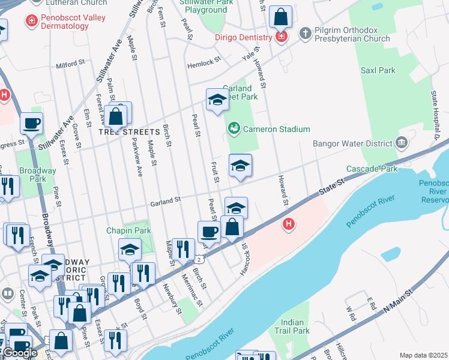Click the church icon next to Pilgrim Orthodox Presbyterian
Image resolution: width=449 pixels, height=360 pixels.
(305, 32)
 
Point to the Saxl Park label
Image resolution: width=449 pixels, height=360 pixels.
(378, 70)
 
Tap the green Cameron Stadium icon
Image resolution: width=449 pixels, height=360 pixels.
(234, 129)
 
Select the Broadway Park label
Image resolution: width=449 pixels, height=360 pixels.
(38, 175)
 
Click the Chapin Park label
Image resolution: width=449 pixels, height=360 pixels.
(128, 230)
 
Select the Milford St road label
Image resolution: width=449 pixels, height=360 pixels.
(70, 64)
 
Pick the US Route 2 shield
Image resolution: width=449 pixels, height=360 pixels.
(199, 259)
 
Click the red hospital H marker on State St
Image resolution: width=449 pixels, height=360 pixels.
(289, 224)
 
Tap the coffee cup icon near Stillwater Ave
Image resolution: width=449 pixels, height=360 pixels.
(31, 124)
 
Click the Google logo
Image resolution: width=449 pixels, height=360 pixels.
(19, 352)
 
